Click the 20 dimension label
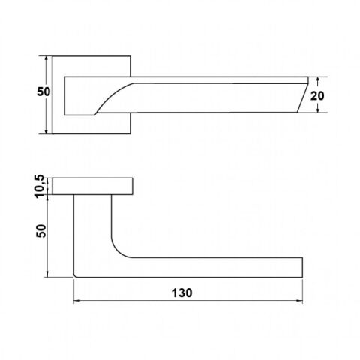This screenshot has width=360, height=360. tap(317, 95)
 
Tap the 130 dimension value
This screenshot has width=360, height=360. tap(181, 292)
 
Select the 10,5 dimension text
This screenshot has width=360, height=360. tap(39, 186)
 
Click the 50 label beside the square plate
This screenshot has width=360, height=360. tap(43, 91)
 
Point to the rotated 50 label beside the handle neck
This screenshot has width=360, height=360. tap(41, 231)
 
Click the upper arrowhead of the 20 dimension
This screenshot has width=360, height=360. tap(317, 79)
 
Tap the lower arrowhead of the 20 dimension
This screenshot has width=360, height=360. tap(317, 109)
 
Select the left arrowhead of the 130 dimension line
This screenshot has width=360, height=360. tap(76, 301)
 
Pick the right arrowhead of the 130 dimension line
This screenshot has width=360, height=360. tap(299, 301)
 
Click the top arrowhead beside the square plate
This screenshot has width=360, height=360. tap(46, 59)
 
